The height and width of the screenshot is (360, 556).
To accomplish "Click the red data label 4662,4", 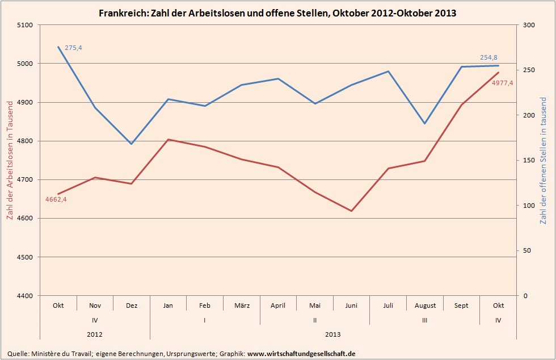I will (56, 199).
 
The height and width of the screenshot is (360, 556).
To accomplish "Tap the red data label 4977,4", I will (502, 83).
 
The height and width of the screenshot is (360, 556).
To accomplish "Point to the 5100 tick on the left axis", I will (26, 25).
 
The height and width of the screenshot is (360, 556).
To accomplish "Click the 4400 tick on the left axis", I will (26, 296).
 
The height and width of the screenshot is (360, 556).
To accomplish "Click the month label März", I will (242, 305).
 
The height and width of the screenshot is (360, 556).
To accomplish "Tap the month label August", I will (426, 305).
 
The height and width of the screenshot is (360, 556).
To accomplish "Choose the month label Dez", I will (132, 305).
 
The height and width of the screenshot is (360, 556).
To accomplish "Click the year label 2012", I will (95, 334).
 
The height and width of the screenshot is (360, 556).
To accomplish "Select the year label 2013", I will (334, 334).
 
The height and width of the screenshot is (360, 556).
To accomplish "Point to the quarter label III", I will (425, 320).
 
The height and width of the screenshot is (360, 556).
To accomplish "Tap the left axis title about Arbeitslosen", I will (10, 161).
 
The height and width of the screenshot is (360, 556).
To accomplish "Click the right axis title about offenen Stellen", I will (544, 161).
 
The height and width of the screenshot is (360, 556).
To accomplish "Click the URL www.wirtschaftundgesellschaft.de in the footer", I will (302, 353).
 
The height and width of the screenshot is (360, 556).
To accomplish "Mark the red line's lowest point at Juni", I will (352, 211).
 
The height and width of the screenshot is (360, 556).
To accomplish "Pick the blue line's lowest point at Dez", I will (132, 144).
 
